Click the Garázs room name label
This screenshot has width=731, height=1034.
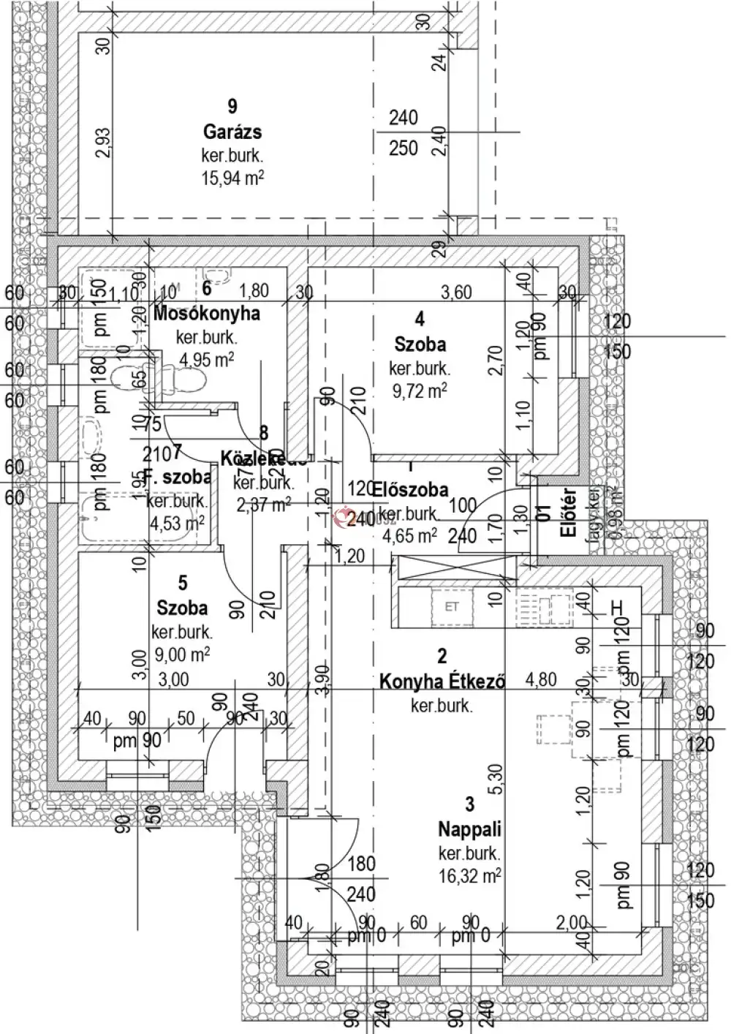click(232, 132)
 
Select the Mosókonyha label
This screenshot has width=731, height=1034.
click(208, 314)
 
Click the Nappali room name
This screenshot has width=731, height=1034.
click(469, 829)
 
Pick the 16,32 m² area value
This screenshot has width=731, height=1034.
click(469, 875)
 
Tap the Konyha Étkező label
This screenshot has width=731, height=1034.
click(442, 682)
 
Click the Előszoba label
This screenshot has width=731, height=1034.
click(410, 489)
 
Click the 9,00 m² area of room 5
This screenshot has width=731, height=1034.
click(182, 654)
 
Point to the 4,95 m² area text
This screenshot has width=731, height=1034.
click(207, 359)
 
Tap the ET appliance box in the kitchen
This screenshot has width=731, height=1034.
click(452, 606)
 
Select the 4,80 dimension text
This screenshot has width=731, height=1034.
click(541, 679)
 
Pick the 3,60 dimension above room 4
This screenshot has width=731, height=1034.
click(457, 293)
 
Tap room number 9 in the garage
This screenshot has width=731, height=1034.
click(232, 107)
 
